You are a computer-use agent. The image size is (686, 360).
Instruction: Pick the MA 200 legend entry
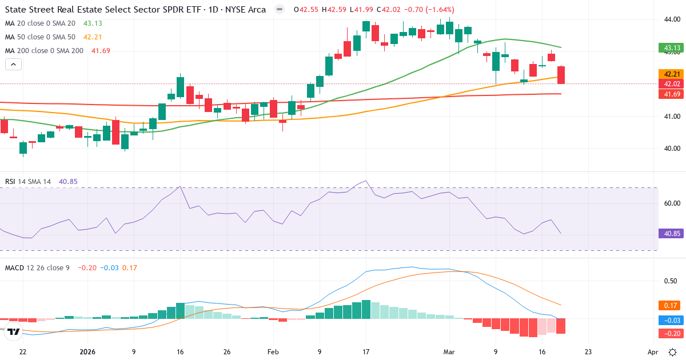[44, 51]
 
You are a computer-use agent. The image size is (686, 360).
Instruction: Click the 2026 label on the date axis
[87, 352]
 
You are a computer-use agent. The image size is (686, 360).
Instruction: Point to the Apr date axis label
[653, 352]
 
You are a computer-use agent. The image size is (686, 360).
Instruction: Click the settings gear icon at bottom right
[673, 352]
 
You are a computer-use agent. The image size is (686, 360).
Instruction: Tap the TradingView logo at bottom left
[14, 331]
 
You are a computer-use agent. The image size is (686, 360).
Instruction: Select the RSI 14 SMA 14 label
[28, 182]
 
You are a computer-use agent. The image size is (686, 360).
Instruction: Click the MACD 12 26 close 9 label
[37, 267]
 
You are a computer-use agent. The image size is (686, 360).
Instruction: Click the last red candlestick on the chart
[561, 75]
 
